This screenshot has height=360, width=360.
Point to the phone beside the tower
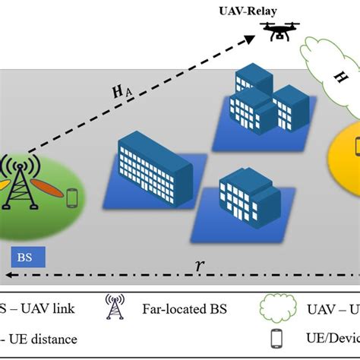pyautogui.click(x=72, y=197)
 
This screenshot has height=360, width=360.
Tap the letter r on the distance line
pyautogui.click(x=199, y=265)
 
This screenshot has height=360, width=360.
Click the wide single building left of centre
pyautogui.click(x=156, y=167)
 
